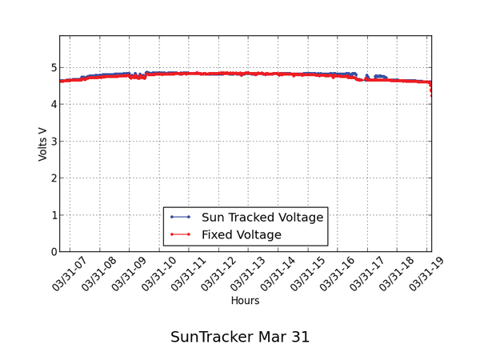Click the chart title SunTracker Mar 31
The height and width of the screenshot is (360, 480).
(x=240, y=337)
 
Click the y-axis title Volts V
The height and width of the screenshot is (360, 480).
(x=43, y=144)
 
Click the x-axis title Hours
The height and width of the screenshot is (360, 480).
(x=245, y=301)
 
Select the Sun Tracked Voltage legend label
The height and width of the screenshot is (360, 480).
(x=262, y=217)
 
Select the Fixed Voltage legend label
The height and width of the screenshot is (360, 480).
(x=242, y=234)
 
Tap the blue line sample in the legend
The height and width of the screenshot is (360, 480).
(x=180, y=217)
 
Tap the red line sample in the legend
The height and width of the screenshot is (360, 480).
(x=180, y=234)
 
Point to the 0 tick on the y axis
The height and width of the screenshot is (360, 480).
(x=53, y=252)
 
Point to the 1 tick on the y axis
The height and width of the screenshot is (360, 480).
(x=53, y=215)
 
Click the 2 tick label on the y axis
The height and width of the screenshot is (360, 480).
(x=53, y=178)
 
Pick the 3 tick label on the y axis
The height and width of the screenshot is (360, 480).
(x=53, y=142)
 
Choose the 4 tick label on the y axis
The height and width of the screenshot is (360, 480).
(x=53, y=105)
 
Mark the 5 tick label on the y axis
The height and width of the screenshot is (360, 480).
(x=53, y=68)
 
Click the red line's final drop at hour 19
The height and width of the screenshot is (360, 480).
(x=431, y=90)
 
